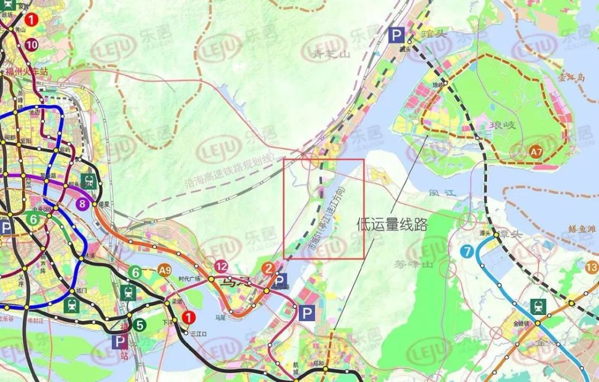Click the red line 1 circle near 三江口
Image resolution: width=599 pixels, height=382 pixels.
189,317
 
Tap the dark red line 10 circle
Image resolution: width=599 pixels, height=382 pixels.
32,44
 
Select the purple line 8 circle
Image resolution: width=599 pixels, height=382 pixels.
83,204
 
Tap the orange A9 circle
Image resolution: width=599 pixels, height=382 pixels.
165,271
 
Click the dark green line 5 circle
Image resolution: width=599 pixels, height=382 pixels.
140,326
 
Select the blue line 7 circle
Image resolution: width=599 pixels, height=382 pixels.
467,251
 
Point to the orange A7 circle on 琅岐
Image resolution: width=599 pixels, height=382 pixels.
536,153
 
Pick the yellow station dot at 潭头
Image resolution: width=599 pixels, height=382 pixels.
497,236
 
